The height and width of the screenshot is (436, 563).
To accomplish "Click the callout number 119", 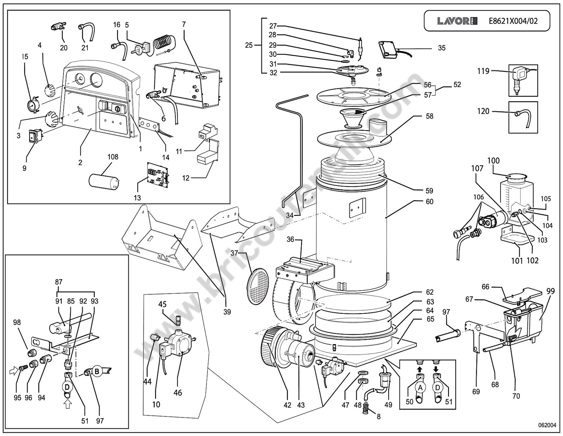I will coord(483,71).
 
